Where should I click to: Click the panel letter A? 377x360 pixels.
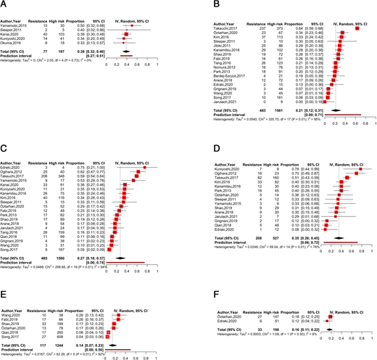[x=4, y=5]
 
